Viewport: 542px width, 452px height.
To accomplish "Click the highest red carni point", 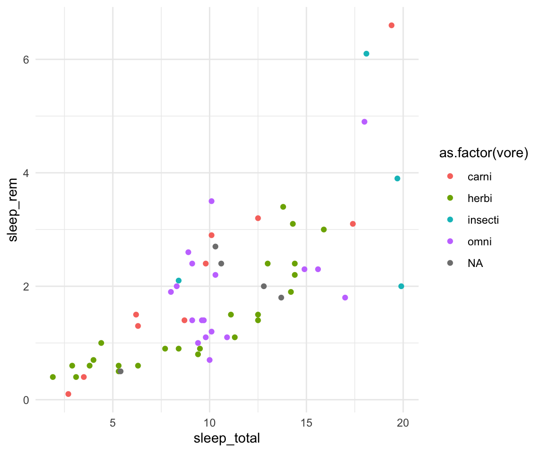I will tap(391, 25).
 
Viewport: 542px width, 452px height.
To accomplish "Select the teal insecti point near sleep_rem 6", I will tap(367, 54).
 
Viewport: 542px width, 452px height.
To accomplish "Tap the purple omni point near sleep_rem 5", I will tap(364, 122).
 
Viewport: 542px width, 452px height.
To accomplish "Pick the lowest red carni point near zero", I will tap(68, 394).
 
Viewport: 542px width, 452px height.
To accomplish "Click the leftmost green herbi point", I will tap(53, 377).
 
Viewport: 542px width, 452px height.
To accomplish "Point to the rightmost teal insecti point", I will tap(401, 286).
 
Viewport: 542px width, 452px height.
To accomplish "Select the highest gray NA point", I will tap(215, 247).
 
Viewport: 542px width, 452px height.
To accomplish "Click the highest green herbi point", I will tap(283, 207).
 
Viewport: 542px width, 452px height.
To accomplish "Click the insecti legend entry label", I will tap(483, 220).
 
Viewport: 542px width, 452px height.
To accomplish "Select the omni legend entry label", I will tap(479, 242).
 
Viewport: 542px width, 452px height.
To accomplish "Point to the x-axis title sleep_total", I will tap(227, 439).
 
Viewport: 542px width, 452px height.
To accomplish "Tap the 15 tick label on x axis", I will tap(306, 422).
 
